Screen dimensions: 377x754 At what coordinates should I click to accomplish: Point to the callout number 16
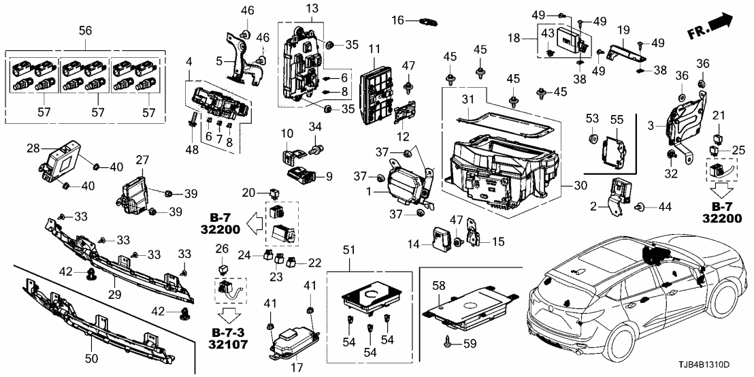[400, 21]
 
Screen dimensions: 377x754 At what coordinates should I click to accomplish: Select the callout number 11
[374, 50]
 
